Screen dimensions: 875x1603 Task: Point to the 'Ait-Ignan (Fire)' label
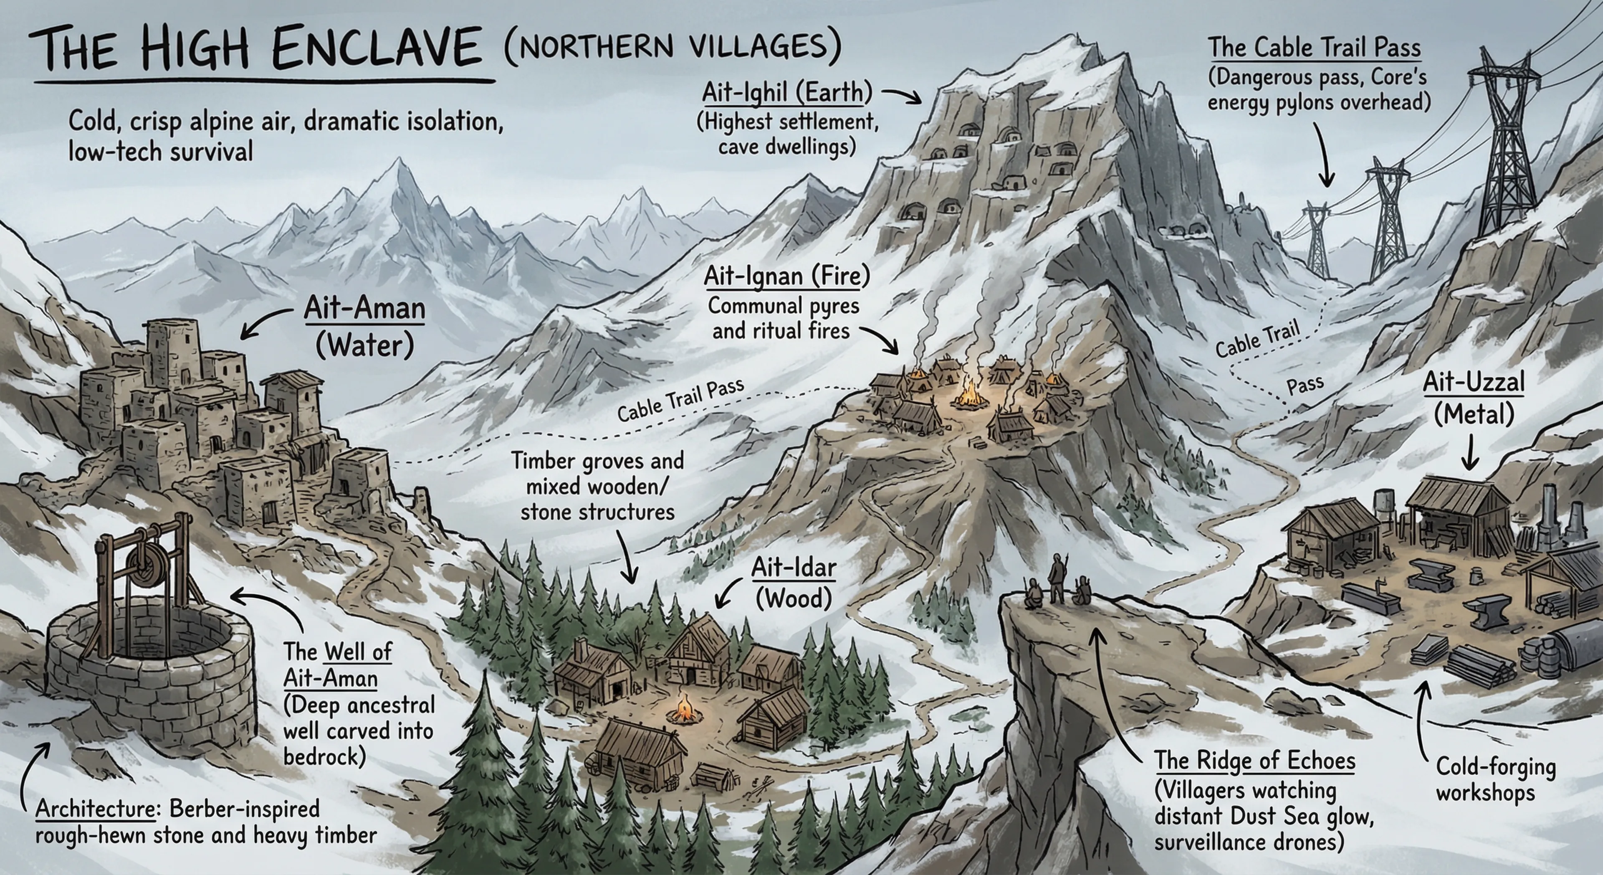pos(786,276)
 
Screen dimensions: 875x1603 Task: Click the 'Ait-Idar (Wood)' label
pos(794,582)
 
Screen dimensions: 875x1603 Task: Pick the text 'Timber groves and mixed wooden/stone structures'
pos(597,486)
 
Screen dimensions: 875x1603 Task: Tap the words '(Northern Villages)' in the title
pos(672,47)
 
